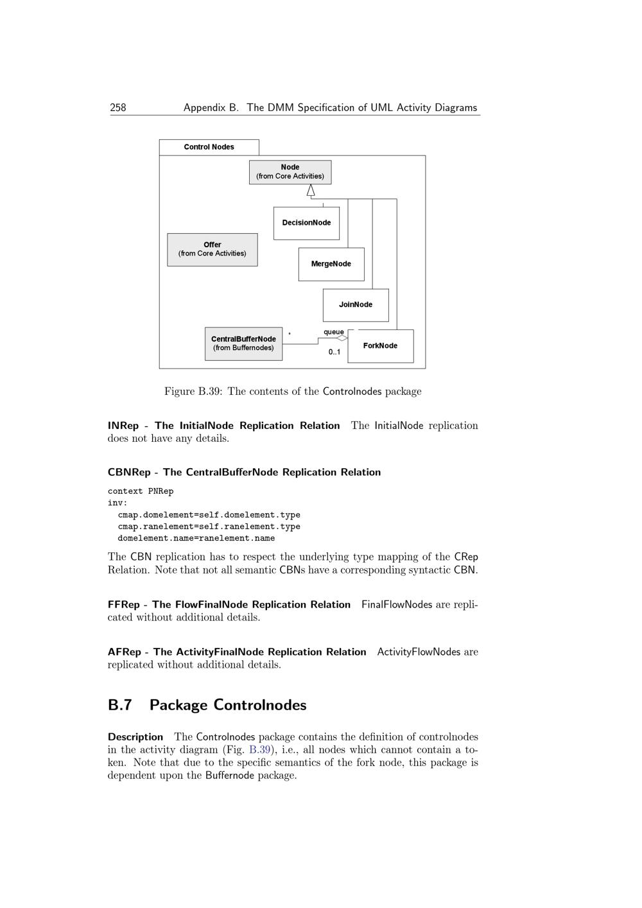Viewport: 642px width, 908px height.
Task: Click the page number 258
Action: click(118, 108)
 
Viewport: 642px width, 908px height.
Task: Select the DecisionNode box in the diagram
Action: click(306, 223)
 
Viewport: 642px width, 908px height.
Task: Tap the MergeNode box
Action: click(331, 264)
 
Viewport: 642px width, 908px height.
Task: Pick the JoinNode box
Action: click(356, 305)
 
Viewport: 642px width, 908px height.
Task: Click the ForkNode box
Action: click(381, 346)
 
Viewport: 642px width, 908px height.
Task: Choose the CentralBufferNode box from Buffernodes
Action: click(243, 344)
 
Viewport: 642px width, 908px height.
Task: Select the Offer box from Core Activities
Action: click(213, 249)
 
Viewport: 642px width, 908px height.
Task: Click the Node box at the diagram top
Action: click(290, 172)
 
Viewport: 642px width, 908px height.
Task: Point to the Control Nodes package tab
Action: click(209, 147)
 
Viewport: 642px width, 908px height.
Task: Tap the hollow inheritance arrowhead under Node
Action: click(311, 190)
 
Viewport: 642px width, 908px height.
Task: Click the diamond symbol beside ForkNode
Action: click(342, 338)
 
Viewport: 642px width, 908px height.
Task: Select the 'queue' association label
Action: click(333, 332)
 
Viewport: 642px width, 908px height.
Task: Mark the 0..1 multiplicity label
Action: click(334, 352)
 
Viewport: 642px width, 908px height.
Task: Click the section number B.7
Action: click(120, 705)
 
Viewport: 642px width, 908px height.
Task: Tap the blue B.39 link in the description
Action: click(259, 750)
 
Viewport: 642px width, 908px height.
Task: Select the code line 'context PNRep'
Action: click(141, 491)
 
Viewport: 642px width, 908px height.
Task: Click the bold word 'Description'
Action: click(135, 737)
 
